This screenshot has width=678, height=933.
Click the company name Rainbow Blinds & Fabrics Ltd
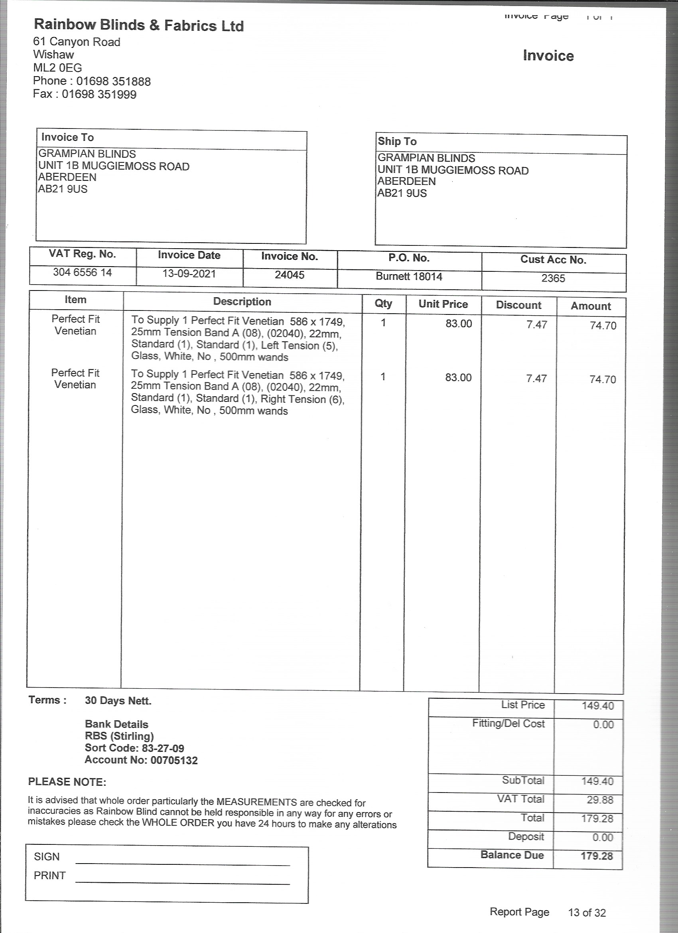138,25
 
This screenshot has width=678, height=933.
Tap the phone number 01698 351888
114,81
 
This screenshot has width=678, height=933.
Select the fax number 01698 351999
99,94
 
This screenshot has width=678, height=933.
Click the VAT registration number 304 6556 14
82,272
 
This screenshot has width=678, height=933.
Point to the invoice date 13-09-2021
189,274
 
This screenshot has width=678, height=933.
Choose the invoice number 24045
290,275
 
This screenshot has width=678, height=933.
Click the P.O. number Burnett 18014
409,277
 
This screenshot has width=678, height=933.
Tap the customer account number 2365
553,279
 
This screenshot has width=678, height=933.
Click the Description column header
242,302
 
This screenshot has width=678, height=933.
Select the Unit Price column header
443,304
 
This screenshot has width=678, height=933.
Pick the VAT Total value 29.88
600,800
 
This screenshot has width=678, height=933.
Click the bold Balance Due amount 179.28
597,856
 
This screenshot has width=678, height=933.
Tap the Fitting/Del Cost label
508,723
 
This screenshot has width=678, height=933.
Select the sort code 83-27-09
163,748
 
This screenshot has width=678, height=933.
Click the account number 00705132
174,760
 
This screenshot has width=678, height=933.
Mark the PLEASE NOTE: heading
67,782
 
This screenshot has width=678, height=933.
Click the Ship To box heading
397,142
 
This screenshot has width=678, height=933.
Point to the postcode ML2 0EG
57,68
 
